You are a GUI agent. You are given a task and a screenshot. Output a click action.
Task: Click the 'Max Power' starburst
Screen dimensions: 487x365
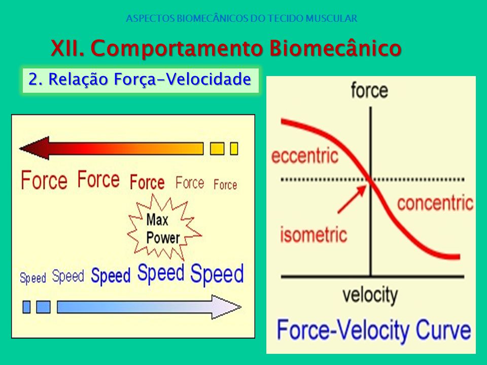164,228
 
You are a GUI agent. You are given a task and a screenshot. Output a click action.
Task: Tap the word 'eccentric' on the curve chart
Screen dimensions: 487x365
305,156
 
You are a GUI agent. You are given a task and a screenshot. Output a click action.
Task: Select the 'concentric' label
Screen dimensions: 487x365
435,203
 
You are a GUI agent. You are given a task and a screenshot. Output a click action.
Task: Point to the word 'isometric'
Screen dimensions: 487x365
314,234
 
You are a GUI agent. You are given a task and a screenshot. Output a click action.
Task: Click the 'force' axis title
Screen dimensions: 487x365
370,90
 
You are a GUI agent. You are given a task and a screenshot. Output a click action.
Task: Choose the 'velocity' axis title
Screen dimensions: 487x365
370,295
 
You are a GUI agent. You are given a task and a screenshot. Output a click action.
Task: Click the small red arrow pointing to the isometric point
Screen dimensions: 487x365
352,199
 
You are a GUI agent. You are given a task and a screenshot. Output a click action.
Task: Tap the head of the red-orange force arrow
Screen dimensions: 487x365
34,149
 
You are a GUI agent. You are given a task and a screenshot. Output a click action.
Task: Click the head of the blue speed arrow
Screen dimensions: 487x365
226,307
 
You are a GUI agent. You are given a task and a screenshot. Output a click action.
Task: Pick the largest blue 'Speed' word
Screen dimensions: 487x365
217,274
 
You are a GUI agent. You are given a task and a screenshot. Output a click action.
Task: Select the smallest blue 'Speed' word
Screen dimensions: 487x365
33,277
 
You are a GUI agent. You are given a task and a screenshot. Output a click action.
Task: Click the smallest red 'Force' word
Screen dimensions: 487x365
225,185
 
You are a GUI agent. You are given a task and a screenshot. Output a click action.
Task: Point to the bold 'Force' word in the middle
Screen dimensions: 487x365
147,182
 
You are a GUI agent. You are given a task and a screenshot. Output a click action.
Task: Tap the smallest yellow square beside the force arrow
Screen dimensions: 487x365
234,149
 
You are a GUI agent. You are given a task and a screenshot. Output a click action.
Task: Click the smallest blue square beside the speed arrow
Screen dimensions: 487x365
27,307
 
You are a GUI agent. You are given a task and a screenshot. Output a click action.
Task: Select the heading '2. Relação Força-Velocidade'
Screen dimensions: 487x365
140,79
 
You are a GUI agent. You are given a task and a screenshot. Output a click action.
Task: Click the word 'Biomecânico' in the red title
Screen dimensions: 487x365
335,48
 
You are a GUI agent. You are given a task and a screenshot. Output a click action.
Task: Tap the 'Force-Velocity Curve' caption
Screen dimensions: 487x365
374,331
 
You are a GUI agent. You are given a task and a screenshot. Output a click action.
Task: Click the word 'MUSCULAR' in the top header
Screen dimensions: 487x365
331,18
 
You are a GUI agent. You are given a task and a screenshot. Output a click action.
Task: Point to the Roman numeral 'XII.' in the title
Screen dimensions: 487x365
67,48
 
